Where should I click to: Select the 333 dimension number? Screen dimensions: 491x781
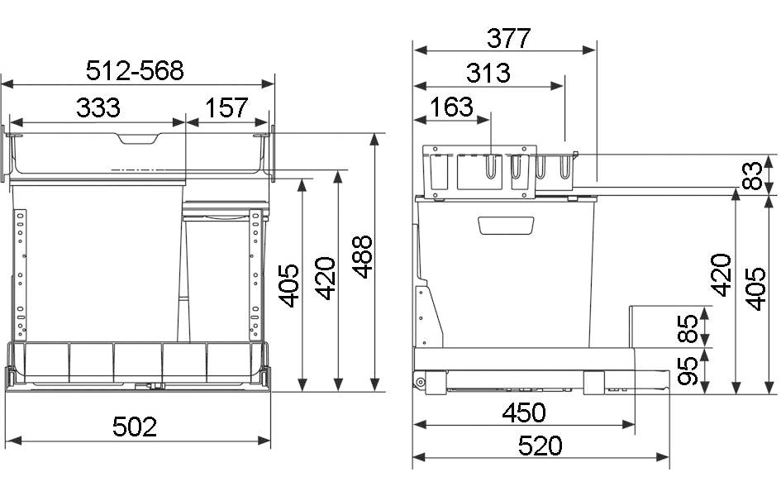(x=98, y=107)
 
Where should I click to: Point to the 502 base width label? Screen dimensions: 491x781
(x=135, y=427)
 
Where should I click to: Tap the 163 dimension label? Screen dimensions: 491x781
(x=452, y=107)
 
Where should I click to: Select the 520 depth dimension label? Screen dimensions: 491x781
(x=540, y=446)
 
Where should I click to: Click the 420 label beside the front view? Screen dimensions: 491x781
(x=325, y=279)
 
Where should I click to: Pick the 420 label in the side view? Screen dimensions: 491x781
(x=721, y=275)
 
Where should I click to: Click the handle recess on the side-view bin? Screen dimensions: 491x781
(x=505, y=225)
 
